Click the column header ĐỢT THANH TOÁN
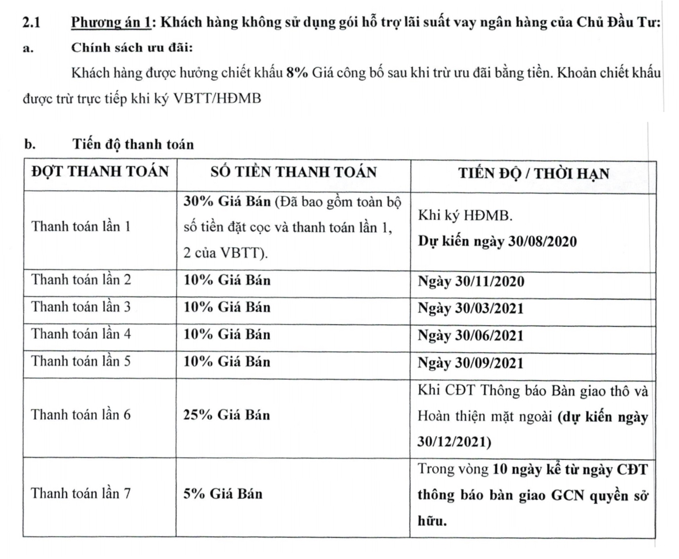click(100, 172)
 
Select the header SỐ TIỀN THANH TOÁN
click(293, 172)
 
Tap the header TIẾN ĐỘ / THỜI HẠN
click(533, 173)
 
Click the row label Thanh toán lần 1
click(81, 226)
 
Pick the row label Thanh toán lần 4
click(81, 334)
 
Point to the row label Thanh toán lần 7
click(81, 494)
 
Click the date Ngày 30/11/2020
click(471, 281)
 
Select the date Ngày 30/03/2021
click(470, 308)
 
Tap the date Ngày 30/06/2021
click(470, 336)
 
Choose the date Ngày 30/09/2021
click(470, 363)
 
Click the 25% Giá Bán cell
click(226, 415)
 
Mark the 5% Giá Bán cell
click(223, 494)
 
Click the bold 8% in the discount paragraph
click(297, 73)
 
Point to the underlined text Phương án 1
click(111, 22)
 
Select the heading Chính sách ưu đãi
click(132, 48)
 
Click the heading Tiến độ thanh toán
click(134, 144)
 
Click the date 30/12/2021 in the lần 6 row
click(454, 442)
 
